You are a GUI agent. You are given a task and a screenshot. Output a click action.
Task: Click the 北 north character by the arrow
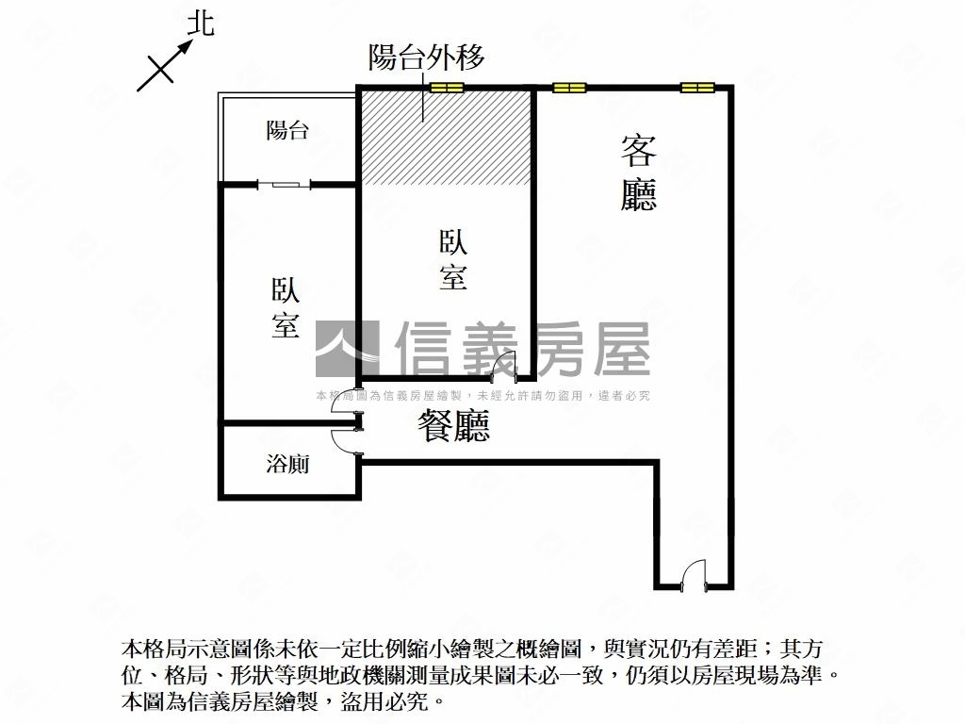(x=201, y=25)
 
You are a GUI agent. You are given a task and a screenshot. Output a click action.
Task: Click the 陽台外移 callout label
(x=427, y=58)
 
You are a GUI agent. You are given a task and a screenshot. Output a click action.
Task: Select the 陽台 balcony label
(x=287, y=130)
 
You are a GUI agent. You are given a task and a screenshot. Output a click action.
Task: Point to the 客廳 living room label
(x=639, y=173)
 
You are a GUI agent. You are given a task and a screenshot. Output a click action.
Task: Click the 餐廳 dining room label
(x=453, y=426)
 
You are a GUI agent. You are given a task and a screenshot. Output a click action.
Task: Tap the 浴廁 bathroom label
(x=287, y=464)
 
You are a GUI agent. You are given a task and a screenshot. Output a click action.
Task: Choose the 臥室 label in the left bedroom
(x=286, y=308)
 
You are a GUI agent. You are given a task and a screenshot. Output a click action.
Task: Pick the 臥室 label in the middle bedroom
(x=453, y=260)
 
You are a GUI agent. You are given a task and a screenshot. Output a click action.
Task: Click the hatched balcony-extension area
(x=446, y=138)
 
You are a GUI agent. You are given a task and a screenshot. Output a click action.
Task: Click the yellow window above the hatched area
(x=446, y=88)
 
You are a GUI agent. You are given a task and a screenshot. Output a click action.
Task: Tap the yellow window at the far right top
(x=697, y=88)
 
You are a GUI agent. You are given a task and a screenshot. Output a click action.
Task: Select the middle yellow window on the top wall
(x=569, y=88)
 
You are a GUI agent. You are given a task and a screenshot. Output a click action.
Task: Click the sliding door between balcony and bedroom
(x=284, y=184)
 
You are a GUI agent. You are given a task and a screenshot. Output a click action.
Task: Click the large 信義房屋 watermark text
(x=522, y=349)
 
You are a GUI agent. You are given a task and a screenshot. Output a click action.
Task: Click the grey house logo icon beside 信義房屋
(x=348, y=349)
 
